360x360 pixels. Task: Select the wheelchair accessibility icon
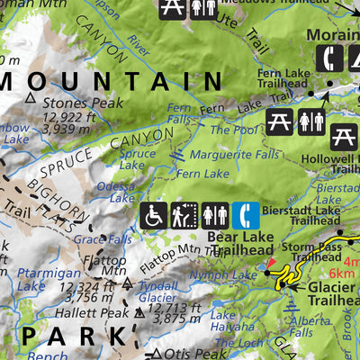click(x=154, y=215)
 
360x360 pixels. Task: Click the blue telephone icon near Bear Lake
click(x=246, y=215)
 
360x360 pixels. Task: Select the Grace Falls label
click(x=102, y=239)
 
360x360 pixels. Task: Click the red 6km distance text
click(x=342, y=274)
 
